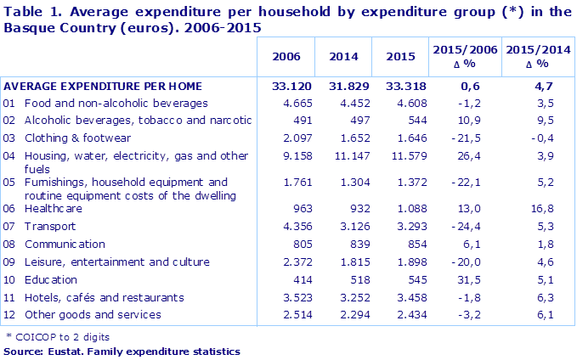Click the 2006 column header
click(285, 57)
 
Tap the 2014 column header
click(342, 57)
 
